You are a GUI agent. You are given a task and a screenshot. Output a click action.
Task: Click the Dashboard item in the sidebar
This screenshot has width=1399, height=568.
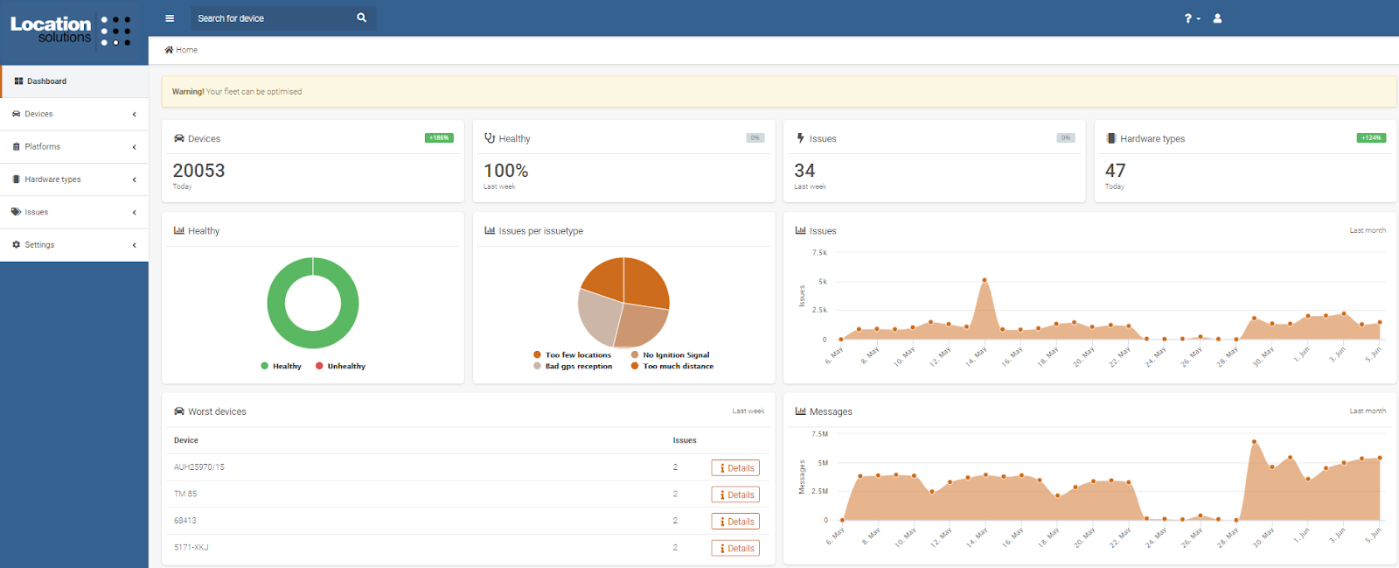point(46,81)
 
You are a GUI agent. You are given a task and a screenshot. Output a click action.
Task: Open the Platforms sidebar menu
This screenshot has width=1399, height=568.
point(42,147)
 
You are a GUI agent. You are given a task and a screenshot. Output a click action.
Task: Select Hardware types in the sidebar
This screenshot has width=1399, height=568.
point(52,179)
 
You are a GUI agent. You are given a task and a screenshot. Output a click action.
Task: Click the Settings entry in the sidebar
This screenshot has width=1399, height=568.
point(39,245)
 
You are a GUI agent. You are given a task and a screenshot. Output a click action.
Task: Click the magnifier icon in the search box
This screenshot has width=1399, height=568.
point(361,18)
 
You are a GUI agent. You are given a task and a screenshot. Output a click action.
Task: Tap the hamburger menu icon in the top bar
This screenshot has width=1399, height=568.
point(170,18)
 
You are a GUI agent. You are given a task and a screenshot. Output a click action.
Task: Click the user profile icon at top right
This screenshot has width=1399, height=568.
point(1217,18)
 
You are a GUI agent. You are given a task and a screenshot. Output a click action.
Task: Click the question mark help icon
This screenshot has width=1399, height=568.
point(1189,18)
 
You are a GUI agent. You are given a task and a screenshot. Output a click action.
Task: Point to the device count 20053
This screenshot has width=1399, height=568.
point(198,171)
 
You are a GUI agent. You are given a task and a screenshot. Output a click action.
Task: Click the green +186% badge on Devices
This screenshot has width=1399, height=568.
point(439,137)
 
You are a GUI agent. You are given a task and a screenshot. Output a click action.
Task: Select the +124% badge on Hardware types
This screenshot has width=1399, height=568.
point(1371,137)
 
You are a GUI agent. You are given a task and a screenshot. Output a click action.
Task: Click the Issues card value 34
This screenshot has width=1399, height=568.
point(804,171)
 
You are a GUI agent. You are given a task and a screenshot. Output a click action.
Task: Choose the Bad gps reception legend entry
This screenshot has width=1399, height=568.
point(577,366)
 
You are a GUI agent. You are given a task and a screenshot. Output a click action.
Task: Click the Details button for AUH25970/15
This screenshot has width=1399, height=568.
point(735,468)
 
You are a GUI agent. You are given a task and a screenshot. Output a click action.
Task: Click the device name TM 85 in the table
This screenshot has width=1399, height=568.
point(185,494)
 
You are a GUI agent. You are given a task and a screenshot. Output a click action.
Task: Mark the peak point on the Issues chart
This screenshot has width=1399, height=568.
point(985,280)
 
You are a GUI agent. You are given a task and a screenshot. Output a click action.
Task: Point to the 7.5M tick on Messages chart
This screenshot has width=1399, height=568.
point(819,434)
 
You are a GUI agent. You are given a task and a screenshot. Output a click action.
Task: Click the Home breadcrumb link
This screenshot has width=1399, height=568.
point(185,50)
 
